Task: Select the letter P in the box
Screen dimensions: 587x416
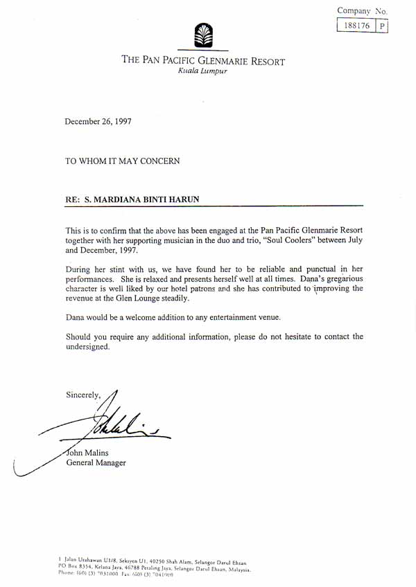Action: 381,26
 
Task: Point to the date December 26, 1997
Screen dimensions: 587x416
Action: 98,121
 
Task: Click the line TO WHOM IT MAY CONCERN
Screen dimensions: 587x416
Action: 123,161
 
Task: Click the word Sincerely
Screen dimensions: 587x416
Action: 83,395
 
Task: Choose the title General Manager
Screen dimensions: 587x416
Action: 96,462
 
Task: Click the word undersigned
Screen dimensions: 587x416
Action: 87,347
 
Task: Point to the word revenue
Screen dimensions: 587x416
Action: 82,298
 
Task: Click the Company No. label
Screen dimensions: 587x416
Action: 362,11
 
